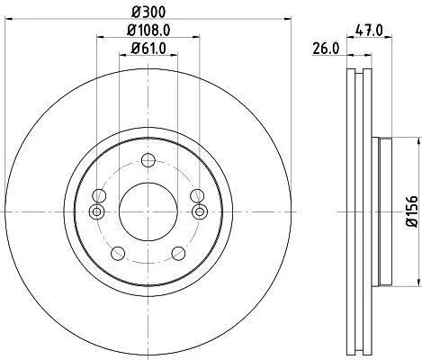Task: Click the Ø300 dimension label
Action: (x=148, y=12)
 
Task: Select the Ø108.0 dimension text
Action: (x=148, y=30)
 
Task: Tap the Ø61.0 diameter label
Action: (x=148, y=49)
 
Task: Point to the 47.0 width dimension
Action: (x=369, y=31)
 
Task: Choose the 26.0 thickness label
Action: (x=326, y=49)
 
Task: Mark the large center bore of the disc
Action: (x=148, y=211)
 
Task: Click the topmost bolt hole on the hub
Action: (x=148, y=160)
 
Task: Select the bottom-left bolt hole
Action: (x=118, y=254)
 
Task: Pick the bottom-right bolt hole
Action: (x=178, y=254)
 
